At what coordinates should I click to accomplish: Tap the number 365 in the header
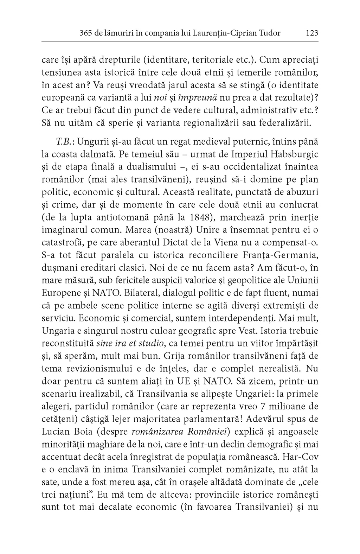click(x=86, y=33)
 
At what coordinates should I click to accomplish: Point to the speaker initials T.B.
click(x=64, y=141)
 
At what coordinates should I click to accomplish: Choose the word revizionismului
click(x=98, y=368)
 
